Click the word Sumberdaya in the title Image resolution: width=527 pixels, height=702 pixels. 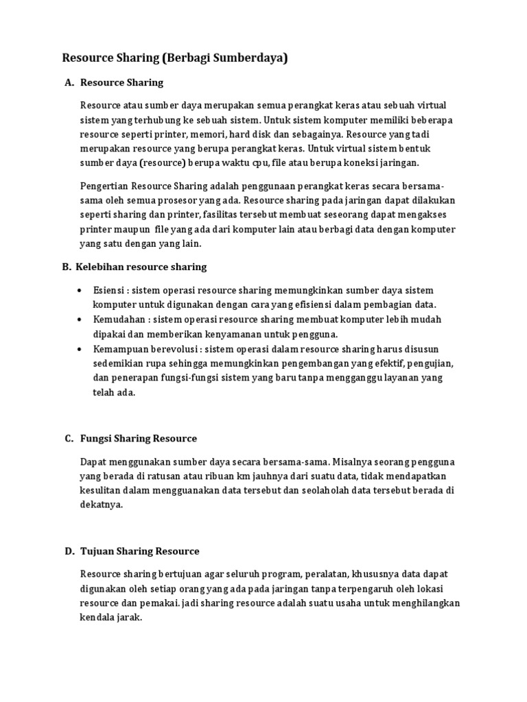242,58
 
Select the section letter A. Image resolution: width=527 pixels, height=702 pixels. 69,83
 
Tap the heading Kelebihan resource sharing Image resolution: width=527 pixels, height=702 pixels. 143,267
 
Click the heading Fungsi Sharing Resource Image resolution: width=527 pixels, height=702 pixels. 139,438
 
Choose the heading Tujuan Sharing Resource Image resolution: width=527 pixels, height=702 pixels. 140,551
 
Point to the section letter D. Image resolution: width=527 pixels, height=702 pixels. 69,551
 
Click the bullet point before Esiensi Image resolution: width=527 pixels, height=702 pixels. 81,291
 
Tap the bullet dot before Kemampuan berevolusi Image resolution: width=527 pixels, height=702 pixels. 81,350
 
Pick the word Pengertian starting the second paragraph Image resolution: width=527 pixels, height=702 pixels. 104,186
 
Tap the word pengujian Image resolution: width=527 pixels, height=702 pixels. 432,363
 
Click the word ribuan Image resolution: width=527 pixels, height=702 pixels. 216,476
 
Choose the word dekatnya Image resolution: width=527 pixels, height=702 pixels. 101,505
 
